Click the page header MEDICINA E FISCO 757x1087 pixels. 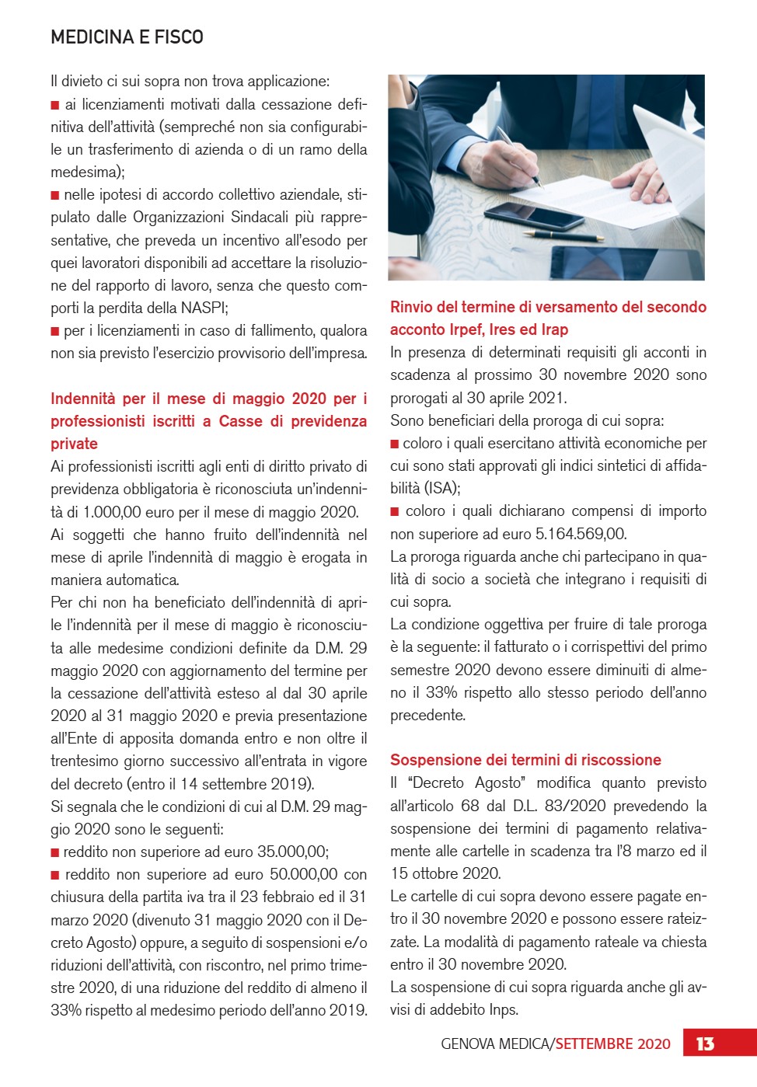coord(127,37)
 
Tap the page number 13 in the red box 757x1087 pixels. coord(705,1043)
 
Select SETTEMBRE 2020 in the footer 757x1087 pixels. coord(612,1043)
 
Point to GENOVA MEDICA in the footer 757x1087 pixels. coord(495,1043)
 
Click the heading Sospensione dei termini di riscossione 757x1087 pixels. coord(525,760)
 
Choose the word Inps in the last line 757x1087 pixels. coord(504,1009)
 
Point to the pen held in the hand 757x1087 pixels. coord(518,156)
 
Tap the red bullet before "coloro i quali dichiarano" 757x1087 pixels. coord(395,511)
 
